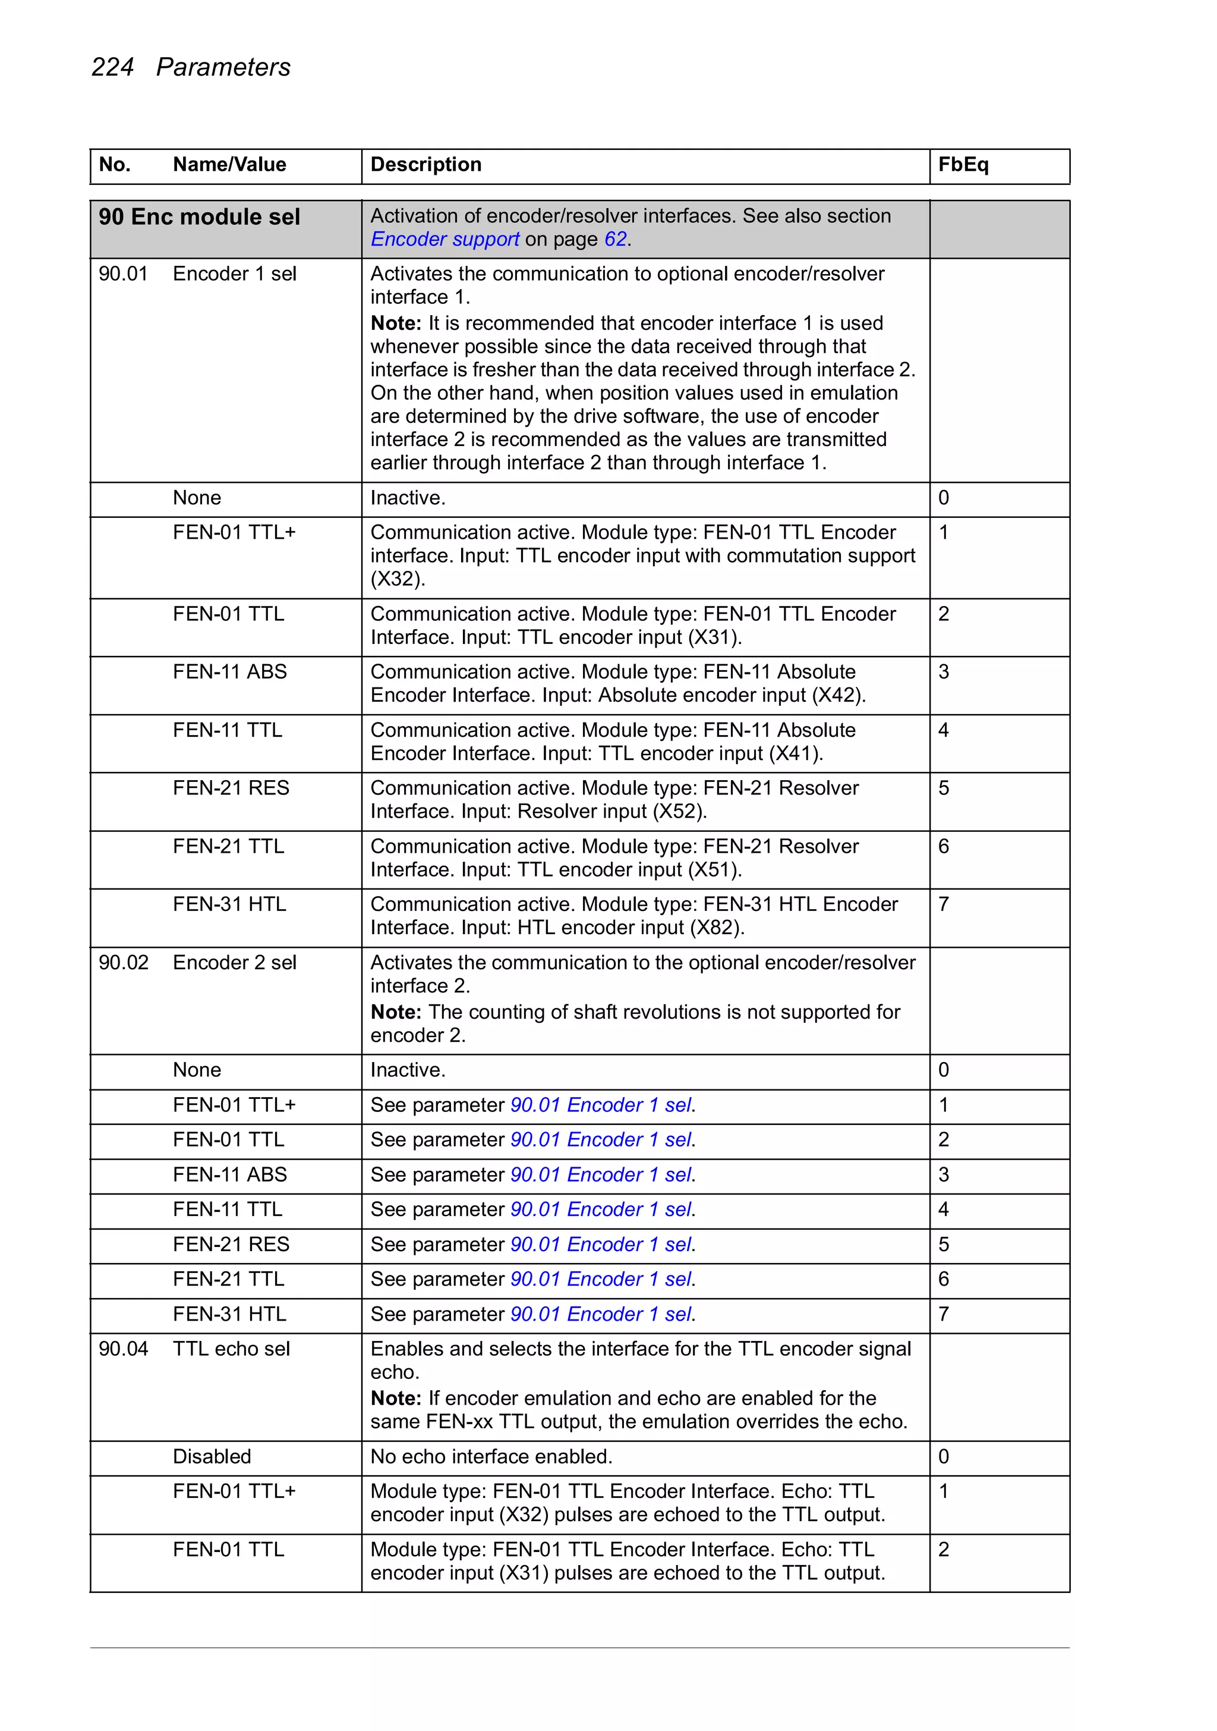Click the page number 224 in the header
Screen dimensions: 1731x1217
pos(112,67)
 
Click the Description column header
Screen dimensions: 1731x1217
pos(425,164)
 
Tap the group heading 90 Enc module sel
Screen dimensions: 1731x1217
pos(199,217)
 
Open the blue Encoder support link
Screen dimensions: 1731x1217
pos(444,240)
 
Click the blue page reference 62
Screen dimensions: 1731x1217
pos(615,240)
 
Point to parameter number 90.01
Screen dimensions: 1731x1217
pos(123,274)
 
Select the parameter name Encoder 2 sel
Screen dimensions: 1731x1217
pos(234,963)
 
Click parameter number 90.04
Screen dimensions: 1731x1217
pos(123,1349)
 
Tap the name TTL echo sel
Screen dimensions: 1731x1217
pos(231,1349)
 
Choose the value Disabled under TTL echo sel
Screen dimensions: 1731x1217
pos(212,1457)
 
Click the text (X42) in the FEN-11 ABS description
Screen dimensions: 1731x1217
pos(838,695)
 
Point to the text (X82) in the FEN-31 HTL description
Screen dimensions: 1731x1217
pos(717,928)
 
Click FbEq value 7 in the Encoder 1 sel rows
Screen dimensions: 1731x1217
pos(944,904)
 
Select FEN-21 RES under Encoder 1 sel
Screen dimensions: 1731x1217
pos(231,788)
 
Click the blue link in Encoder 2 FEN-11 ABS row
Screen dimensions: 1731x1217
pos(601,1174)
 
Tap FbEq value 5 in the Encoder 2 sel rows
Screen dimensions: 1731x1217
pos(944,1245)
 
